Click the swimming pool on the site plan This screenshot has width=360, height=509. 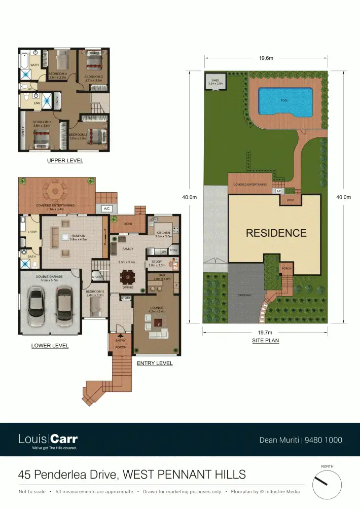[x=284, y=101]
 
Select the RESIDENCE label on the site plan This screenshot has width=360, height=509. [x=276, y=233]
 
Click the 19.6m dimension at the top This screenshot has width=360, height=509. [x=266, y=58]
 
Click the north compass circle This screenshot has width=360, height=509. [x=327, y=484]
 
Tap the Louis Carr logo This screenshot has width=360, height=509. [x=48, y=440]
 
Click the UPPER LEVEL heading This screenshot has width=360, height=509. [x=65, y=161]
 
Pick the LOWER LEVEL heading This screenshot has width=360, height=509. [x=50, y=346]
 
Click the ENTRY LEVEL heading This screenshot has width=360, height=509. [x=155, y=363]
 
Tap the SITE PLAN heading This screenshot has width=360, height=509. [x=266, y=341]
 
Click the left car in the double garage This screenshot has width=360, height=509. [x=37, y=306]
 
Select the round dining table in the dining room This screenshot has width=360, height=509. [x=128, y=277]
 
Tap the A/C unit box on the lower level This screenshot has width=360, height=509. [x=106, y=208]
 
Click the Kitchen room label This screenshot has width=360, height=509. [x=163, y=233]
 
